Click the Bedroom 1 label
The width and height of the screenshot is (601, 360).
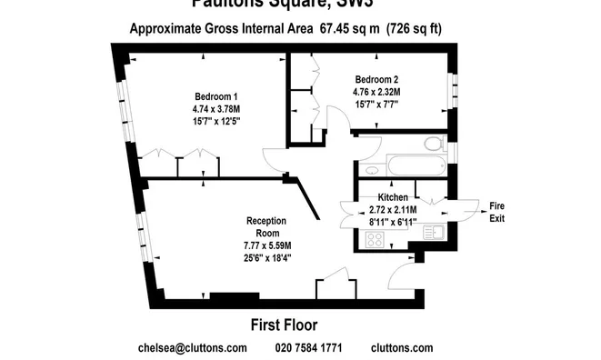pyautogui.click(x=215, y=97)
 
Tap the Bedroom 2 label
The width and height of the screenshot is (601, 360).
pyautogui.click(x=376, y=79)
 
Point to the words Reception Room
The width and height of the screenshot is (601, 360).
pyautogui.click(x=266, y=226)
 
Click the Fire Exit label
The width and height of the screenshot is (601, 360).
pyautogui.click(x=496, y=212)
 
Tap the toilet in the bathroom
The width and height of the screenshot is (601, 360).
pyautogui.click(x=434, y=144)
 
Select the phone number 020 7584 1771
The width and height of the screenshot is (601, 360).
pyautogui.click(x=308, y=347)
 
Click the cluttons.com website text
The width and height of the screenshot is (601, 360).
pyautogui.click(x=402, y=347)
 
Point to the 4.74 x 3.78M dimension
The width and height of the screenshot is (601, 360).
pyautogui.click(x=215, y=109)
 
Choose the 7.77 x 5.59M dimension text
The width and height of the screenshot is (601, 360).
pyautogui.click(x=266, y=245)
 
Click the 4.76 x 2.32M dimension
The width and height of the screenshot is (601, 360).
pyautogui.click(x=376, y=91)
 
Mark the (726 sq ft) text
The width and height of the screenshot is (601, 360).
pyautogui.click(x=413, y=28)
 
